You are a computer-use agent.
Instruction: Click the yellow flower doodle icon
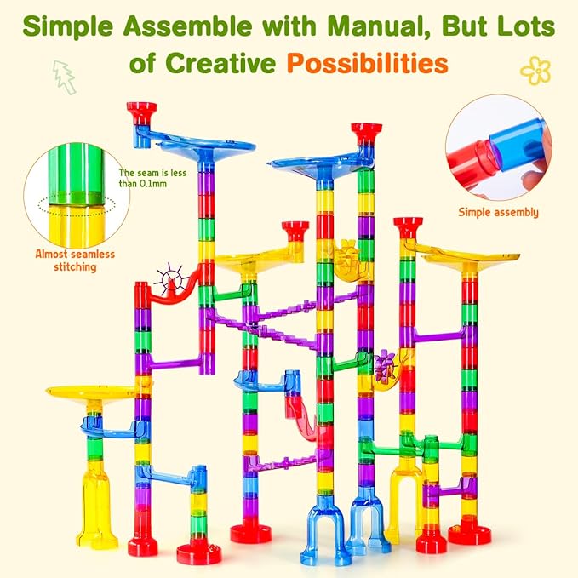[x=535, y=71]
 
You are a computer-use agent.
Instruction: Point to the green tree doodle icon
[x=63, y=77]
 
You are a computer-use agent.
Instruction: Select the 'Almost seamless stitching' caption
[x=75, y=260]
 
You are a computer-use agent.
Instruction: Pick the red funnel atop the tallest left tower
[x=141, y=112]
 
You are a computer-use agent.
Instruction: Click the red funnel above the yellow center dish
[x=295, y=230]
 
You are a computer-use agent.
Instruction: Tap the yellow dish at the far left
[x=89, y=391]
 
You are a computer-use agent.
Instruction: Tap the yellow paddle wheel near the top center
[x=347, y=255]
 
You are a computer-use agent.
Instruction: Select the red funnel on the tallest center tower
[x=366, y=134]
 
